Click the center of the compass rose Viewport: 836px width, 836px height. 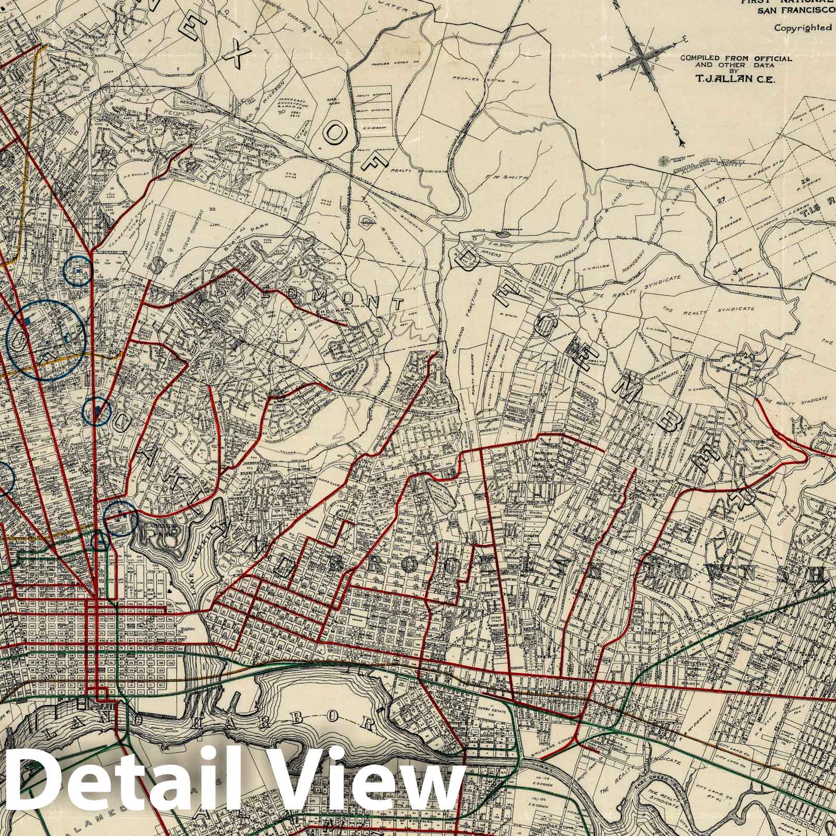pos(649,59)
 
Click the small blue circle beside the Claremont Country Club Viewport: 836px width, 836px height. pos(77,270)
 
